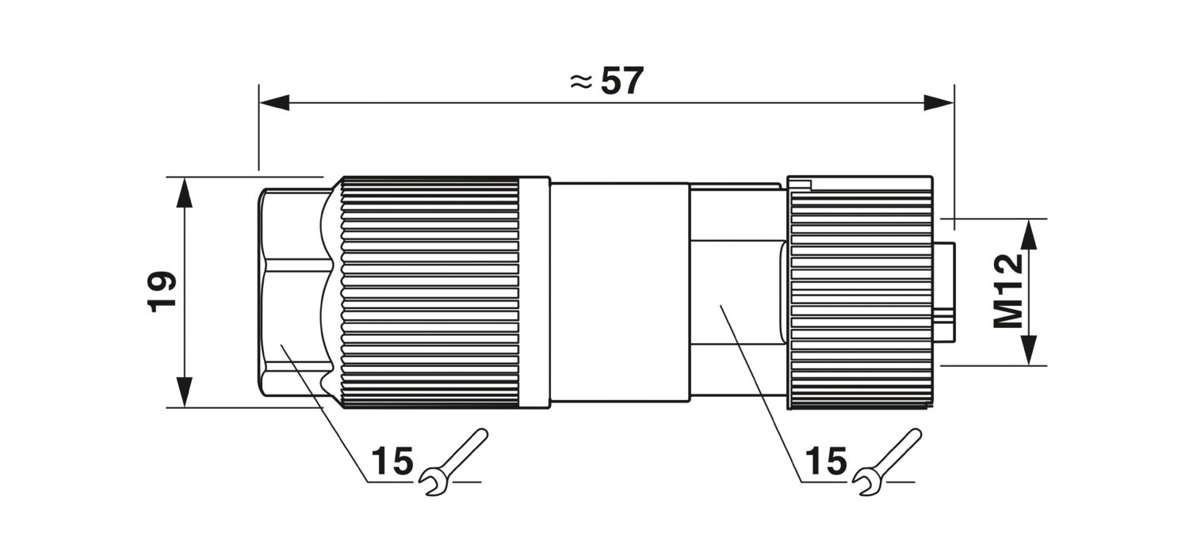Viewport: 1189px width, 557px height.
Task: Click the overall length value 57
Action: tap(622, 82)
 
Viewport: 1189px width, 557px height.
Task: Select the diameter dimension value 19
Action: tap(162, 292)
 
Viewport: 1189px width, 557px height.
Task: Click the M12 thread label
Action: tap(1007, 292)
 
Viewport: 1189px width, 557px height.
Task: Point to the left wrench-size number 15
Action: tap(392, 460)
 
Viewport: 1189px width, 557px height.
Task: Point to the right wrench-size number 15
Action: tap(826, 460)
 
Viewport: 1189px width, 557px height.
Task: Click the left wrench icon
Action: tap(453, 462)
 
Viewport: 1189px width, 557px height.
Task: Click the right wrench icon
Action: tap(887, 462)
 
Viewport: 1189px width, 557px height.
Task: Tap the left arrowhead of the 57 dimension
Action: tap(274, 103)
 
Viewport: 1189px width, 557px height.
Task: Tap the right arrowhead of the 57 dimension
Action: tap(939, 103)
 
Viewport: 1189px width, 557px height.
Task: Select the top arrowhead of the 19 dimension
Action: tap(184, 193)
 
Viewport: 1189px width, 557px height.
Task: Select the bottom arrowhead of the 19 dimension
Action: tap(184, 392)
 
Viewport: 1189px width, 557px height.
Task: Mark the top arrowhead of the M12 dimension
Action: tap(1029, 234)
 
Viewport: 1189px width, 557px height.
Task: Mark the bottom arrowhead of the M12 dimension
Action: tap(1029, 350)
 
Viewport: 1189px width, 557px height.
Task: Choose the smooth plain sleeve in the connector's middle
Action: tap(620, 292)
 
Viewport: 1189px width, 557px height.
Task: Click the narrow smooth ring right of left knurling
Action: tap(534, 292)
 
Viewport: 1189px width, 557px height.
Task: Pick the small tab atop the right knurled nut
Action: tap(800, 184)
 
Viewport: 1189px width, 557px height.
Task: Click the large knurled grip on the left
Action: tap(430, 292)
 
